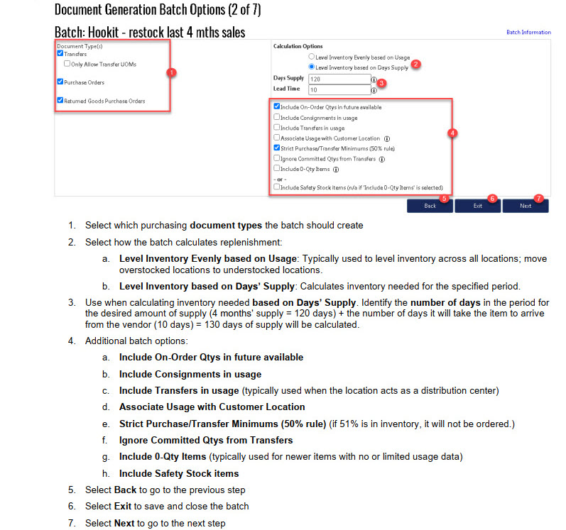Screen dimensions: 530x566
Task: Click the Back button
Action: [430, 206]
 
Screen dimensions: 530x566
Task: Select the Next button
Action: [525, 206]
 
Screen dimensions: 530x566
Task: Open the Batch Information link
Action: [528, 33]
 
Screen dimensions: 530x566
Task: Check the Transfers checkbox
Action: [60, 53]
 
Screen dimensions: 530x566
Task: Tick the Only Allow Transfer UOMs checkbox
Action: [67, 64]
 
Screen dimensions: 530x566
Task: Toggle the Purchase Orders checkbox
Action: [60, 82]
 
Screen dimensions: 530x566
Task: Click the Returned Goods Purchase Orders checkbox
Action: [60, 101]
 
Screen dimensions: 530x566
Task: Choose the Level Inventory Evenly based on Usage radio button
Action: [312, 56]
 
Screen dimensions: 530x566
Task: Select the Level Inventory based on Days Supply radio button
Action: [312, 67]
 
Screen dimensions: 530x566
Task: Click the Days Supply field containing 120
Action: [339, 79]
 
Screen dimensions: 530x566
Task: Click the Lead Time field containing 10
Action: [339, 89]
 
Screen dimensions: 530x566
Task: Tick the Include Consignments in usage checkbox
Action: [277, 117]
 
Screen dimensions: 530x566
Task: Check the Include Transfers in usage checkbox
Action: [277, 128]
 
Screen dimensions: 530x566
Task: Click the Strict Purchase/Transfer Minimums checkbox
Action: [277, 148]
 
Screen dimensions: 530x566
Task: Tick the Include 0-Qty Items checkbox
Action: [277, 169]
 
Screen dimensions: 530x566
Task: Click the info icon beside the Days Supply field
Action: [374, 80]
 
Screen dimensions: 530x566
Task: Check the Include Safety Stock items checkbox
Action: [277, 187]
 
